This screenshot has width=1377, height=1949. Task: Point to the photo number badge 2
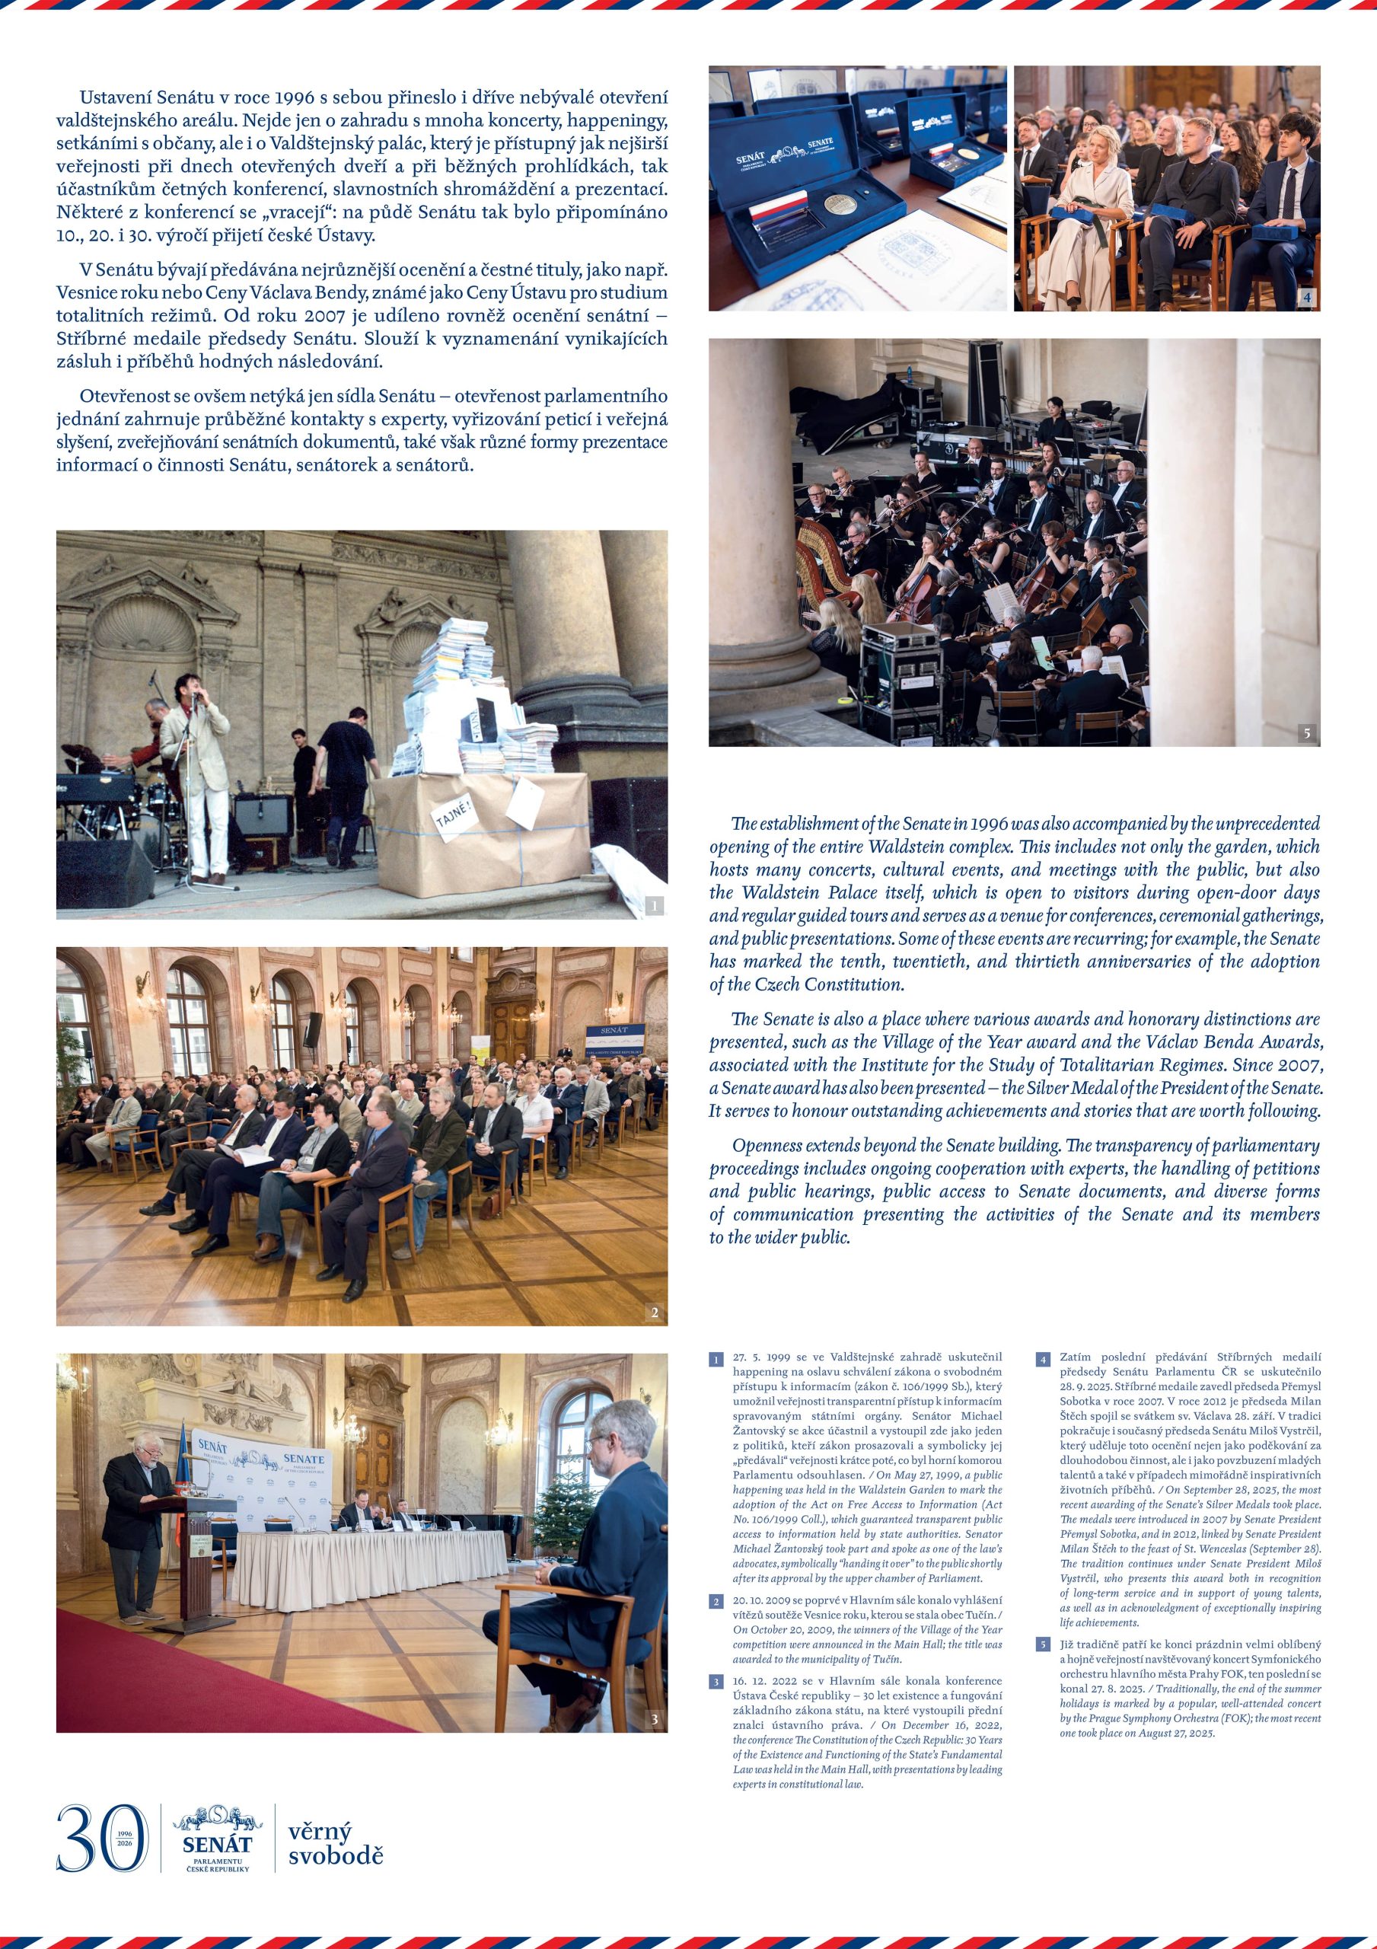(x=654, y=1313)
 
